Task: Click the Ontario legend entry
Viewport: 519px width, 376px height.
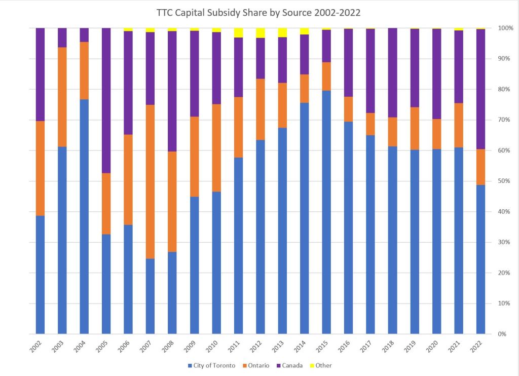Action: pos(258,365)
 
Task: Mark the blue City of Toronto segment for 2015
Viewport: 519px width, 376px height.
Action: pos(326,212)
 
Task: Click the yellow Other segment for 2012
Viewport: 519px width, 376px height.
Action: pos(261,33)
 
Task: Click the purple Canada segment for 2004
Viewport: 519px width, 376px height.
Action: pos(84,35)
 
